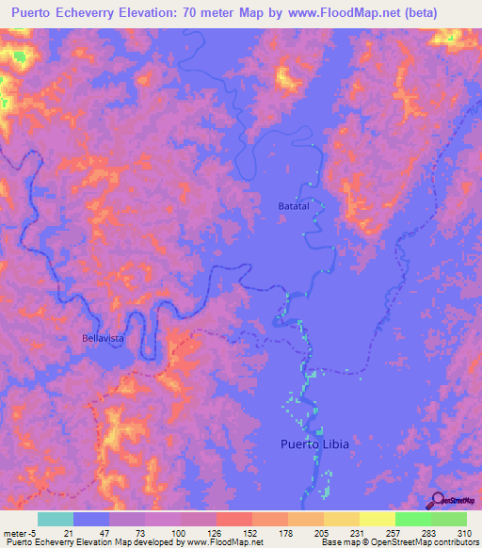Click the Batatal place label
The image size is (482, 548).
293,205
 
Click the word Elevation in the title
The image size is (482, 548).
169,13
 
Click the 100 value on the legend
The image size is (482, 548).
179,532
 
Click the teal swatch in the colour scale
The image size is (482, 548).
56,519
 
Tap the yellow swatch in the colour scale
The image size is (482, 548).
377,519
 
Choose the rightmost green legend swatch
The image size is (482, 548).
448,519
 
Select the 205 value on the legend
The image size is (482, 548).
322,532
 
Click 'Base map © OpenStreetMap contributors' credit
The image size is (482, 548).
398,542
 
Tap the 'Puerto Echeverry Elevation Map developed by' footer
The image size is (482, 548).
89,542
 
